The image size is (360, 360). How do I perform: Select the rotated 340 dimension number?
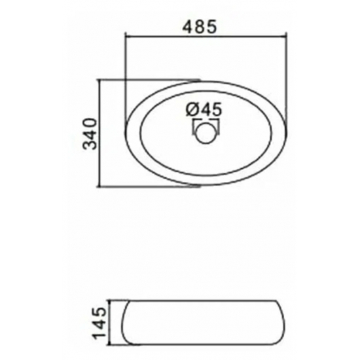coord(90,134)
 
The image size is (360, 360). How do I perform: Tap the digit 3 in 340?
coord(90,145)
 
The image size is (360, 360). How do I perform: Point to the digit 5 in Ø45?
coord(217,109)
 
